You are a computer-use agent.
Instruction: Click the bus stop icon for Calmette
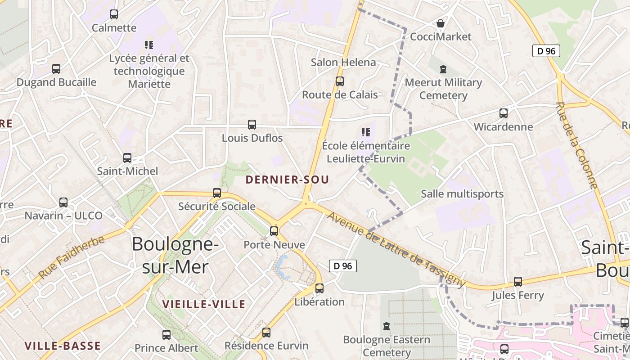click(x=114, y=14)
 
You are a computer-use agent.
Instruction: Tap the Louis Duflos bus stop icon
click(x=252, y=125)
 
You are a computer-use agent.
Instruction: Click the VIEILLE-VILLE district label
click(x=204, y=304)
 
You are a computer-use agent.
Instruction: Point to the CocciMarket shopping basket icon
click(x=441, y=23)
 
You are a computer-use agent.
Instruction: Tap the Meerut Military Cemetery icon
click(x=443, y=69)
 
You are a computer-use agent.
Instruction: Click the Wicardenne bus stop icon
click(x=504, y=113)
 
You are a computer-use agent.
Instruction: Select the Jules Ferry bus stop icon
click(x=518, y=282)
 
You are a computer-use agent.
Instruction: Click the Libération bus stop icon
click(x=319, y=288)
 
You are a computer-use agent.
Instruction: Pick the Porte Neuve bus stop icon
click(x=274, y=232)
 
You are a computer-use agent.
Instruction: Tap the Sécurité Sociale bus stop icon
click(x=217, y=193)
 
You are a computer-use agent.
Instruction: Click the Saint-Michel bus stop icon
click(x=127, y=158)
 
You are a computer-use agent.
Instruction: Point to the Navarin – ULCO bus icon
click(x=63, y=202)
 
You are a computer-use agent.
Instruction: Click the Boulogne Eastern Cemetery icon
click(x=386, y=326)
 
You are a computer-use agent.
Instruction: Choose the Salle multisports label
click(x=462, y=194)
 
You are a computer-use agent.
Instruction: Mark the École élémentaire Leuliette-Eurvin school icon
click(x=365, y=132)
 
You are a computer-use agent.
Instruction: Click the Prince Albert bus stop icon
click(x=166, y=335)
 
